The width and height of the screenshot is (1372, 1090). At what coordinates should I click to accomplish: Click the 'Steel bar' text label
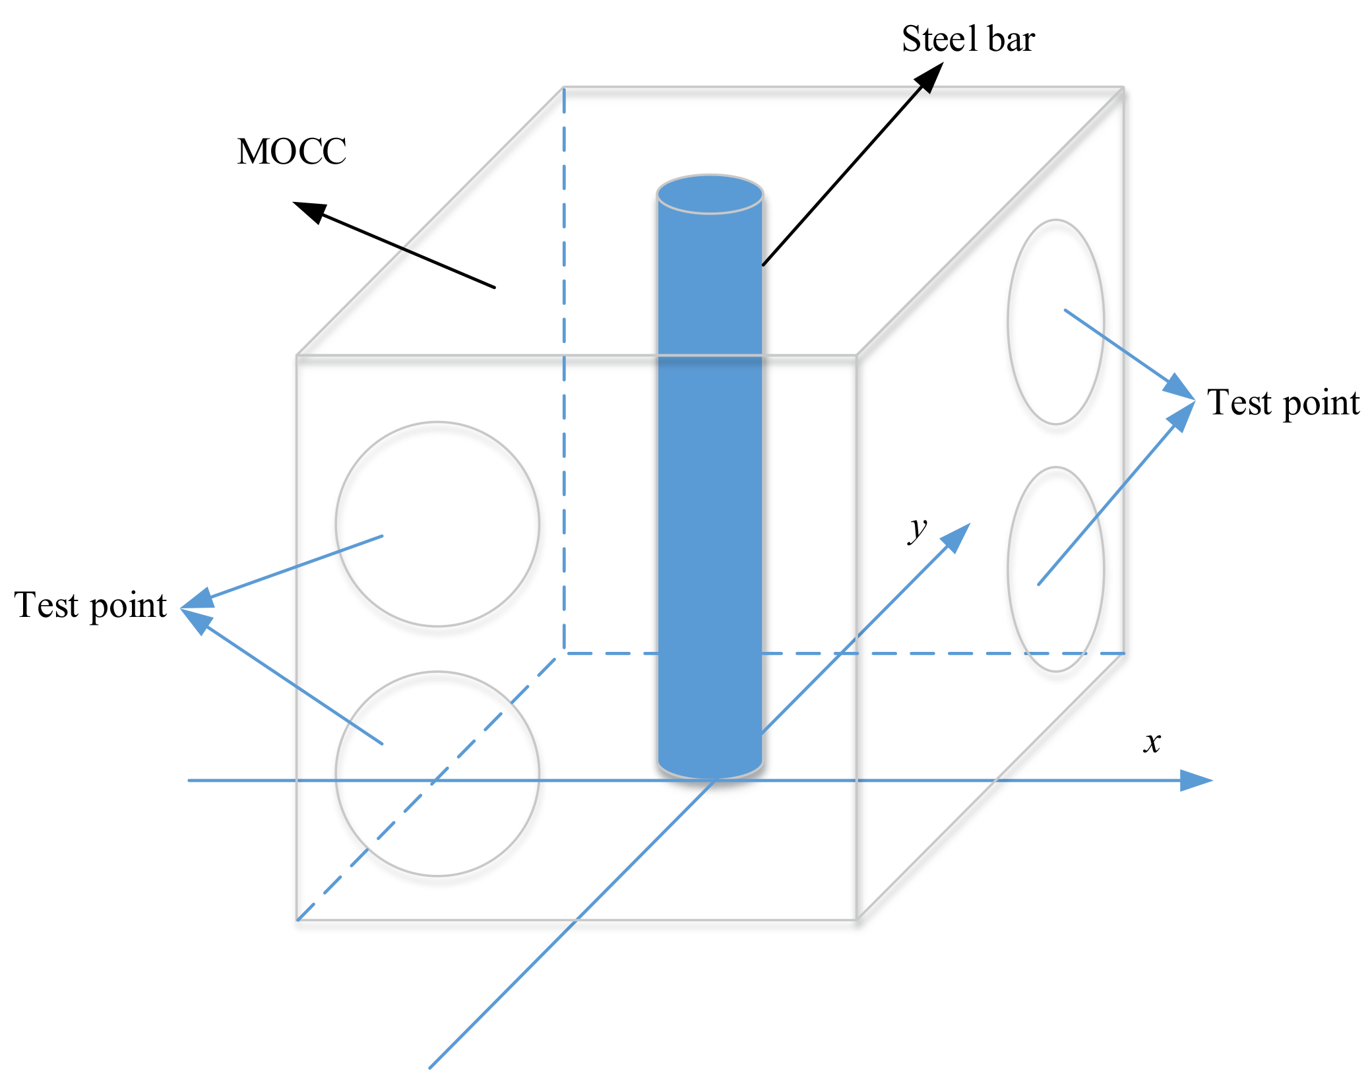tap(968, 39)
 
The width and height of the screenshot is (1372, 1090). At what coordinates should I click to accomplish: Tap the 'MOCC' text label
tap(292, 152)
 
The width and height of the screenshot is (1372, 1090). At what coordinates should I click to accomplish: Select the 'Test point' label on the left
tap(90, 605)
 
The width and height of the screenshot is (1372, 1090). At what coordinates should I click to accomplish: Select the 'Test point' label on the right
tap(1283, 402)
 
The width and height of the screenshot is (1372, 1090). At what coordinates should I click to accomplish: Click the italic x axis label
tap(1152, 742)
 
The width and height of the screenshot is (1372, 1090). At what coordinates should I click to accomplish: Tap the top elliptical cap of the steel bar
tap(710, 195)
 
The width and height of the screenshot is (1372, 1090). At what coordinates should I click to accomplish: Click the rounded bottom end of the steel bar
tap(710, 767)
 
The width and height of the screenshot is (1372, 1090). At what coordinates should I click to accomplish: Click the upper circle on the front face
tap(437, 524)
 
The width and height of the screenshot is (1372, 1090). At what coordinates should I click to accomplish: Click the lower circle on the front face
tap(437, 773)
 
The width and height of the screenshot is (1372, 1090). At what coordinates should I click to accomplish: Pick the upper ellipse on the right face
tap(1055, 322)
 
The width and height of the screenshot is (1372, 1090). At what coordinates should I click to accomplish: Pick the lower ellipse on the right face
tap(1055, 569)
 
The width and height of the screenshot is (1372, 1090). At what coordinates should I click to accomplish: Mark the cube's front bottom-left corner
tap(297, 919)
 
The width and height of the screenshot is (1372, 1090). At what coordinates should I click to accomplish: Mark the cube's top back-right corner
tap(1123, 88)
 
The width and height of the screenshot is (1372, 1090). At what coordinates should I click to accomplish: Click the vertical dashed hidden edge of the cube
tap(564, 369)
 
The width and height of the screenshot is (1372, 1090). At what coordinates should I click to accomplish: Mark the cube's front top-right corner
tap(856, 356)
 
